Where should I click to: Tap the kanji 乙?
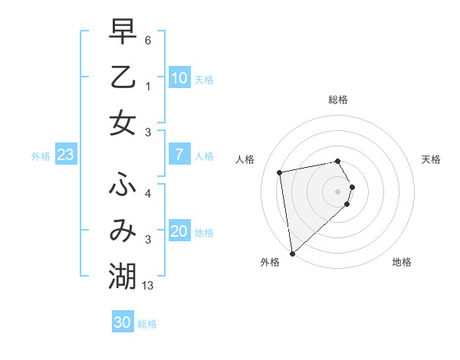tap(123, 77)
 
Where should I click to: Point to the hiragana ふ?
tap(123, 185)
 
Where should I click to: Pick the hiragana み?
tap(123, 230)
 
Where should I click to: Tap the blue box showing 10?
tap(179, 78)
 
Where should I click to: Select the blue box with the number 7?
tap(179, 155)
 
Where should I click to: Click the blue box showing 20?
tap(179, 231)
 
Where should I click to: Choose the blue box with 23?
tap(65, 155)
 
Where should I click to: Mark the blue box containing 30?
tap(123, 322)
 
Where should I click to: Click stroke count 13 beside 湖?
tap(149, 286)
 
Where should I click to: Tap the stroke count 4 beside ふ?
tap(148, 193)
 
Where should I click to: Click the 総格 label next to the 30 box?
tap(147, 324)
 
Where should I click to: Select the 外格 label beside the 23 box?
tap(41, 156)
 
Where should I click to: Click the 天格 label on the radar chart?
tap(431, 159)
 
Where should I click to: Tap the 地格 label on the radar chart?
tap(402, 262)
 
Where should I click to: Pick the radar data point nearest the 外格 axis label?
tap(292, 252)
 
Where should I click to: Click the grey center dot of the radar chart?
tap(338, 191)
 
